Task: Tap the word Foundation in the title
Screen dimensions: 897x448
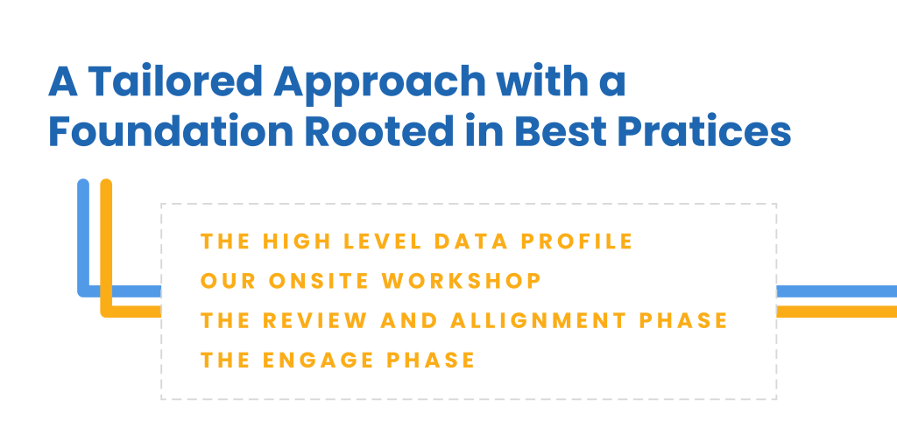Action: tap(172, 131)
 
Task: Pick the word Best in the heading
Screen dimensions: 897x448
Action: tap(560, 131)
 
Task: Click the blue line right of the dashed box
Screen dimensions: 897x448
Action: tap(837, 291)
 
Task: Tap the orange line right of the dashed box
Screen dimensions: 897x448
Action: tap(837, 311)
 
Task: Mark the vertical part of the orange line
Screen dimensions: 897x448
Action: tap(106, 246)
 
